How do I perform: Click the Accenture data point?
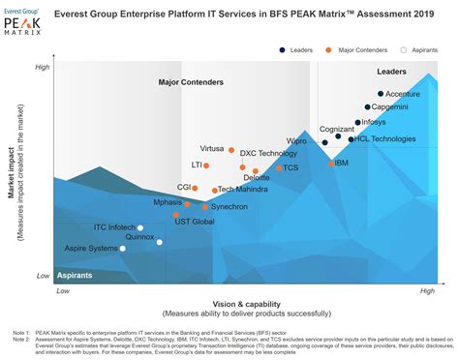381,94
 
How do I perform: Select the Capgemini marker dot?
368,107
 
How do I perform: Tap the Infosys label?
373,123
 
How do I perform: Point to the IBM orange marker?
332,164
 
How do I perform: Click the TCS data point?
279,167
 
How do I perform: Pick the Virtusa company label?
212,149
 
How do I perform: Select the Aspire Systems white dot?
122,249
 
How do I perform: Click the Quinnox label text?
139,237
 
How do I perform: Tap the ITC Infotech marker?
140,227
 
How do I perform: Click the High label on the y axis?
43,67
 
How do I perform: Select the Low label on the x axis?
63,290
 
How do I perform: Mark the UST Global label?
195,222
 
